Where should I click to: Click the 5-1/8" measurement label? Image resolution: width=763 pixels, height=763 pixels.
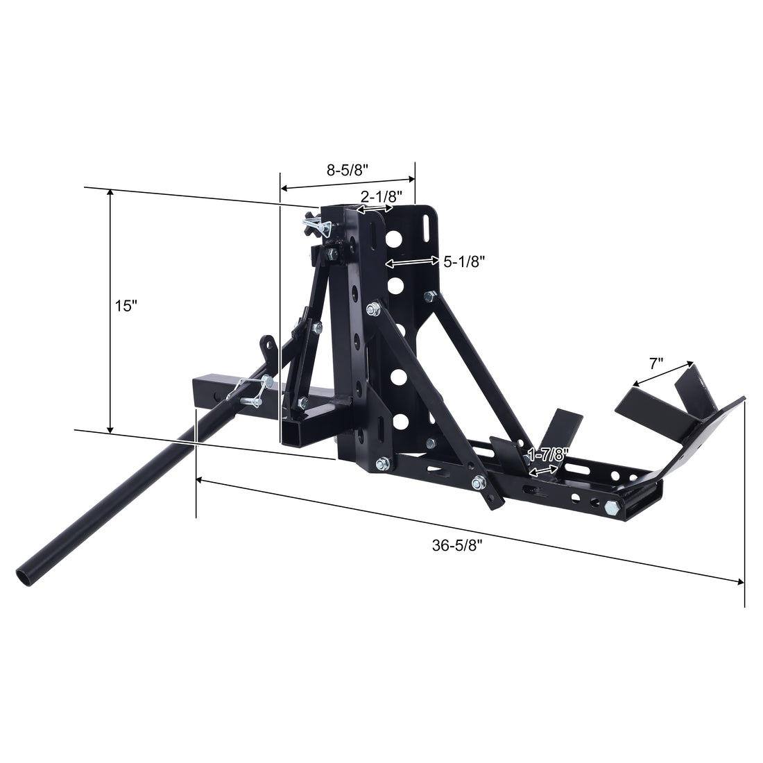pos(463,261)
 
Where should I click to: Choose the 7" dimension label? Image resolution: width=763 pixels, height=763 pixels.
pos(657,363)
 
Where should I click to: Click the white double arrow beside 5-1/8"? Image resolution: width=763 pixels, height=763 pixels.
pos(412,263)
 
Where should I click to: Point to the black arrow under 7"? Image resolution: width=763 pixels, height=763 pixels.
pos(663,373)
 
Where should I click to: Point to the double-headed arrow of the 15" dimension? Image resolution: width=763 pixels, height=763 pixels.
pos(110,312)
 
